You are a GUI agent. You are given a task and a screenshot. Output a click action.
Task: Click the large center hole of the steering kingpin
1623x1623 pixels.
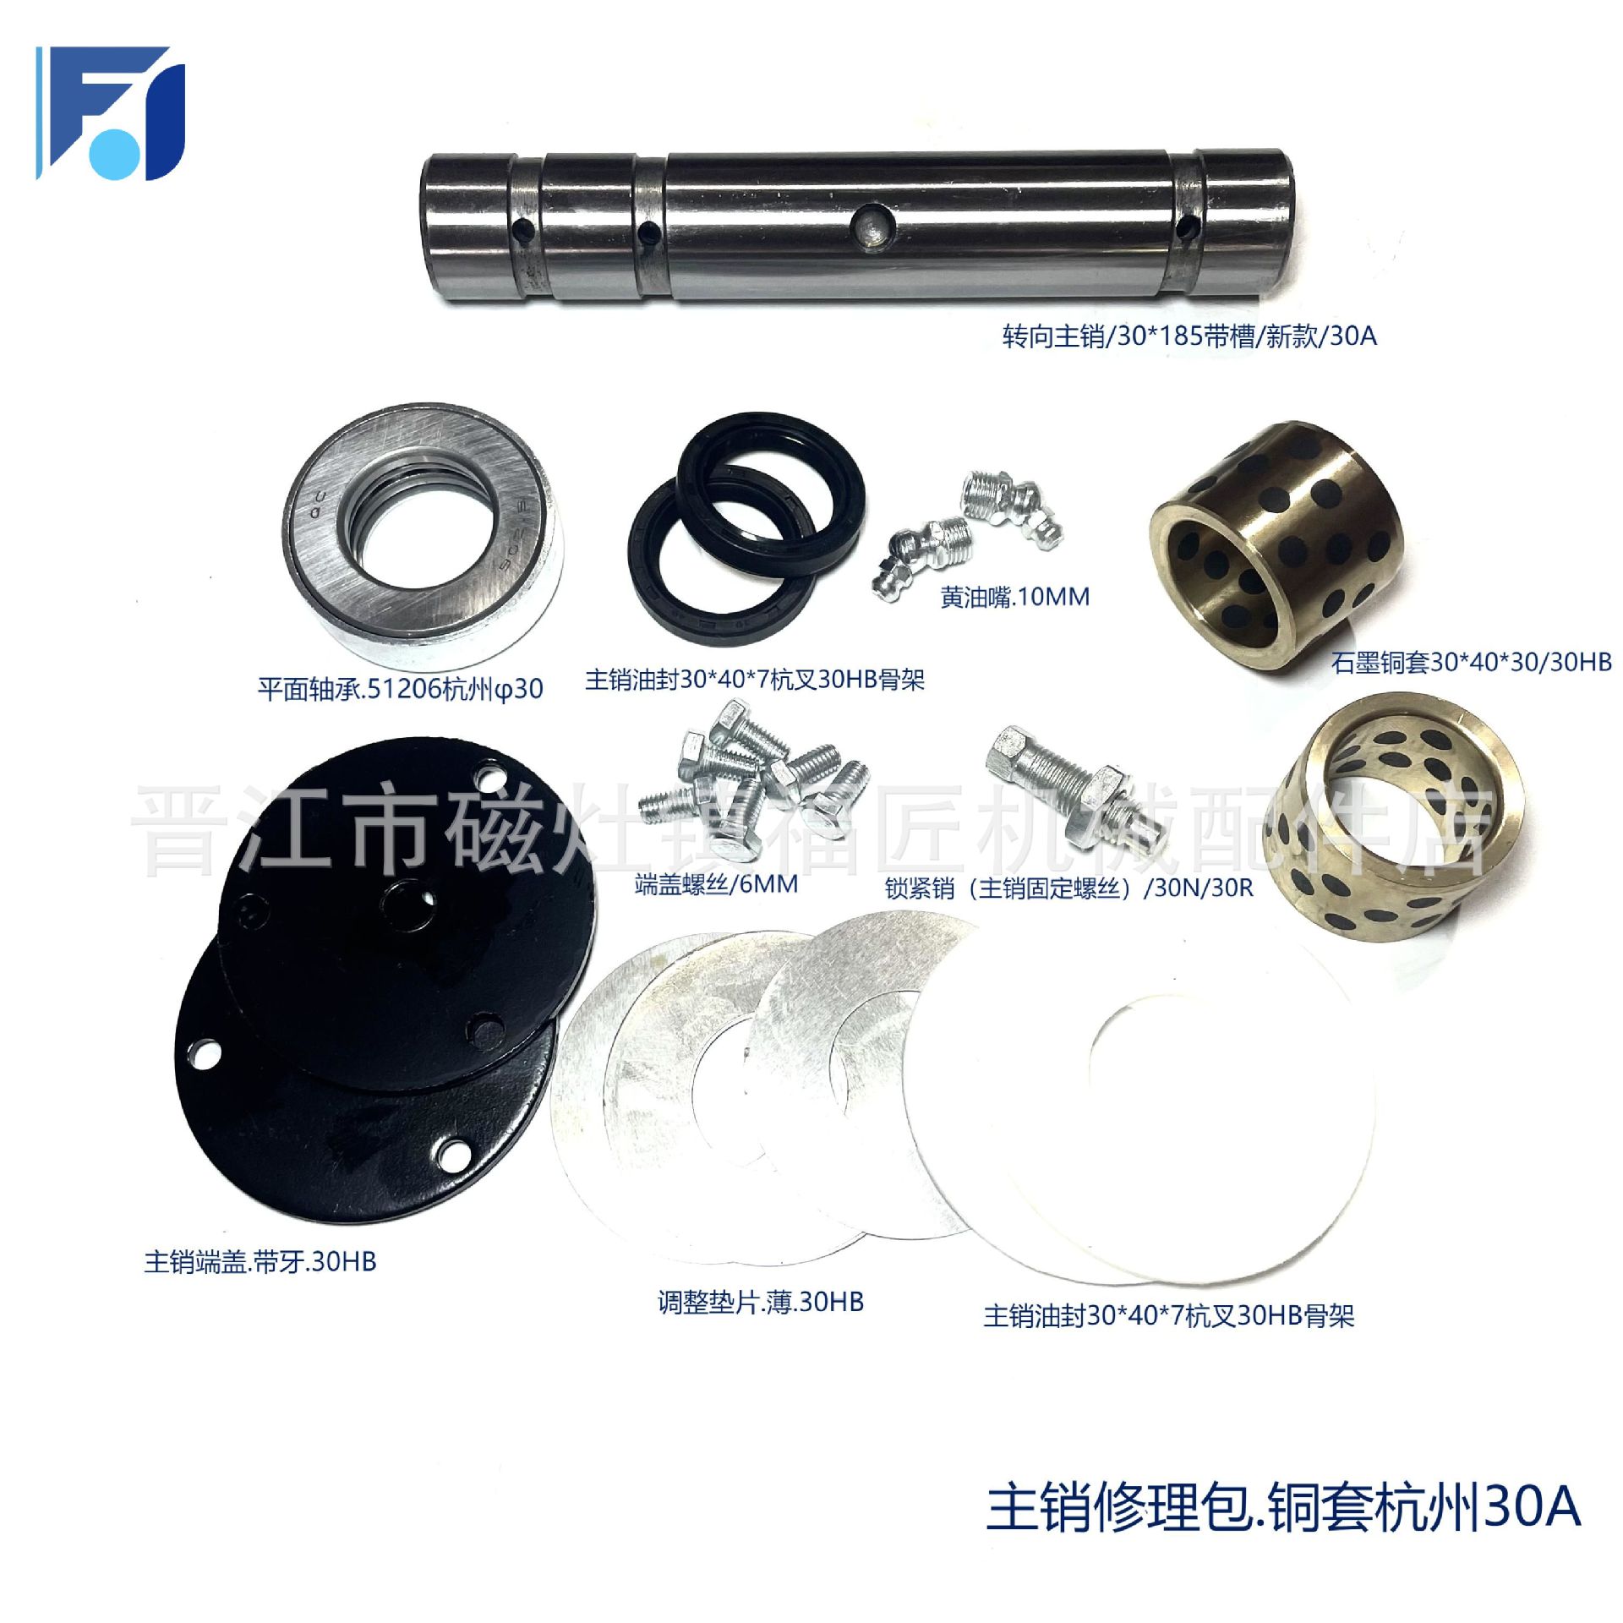pyautogui.click(x=870, y=227)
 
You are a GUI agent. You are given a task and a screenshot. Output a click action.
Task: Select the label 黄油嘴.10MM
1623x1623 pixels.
pyautogui.click(x=1014, y=597)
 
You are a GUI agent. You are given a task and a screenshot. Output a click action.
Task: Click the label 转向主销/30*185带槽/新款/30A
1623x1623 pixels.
pyautogui.click(x=1189, y=336)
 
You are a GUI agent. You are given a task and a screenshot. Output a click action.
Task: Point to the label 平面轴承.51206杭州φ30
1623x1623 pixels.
pyautogui.click(x=400, y=689)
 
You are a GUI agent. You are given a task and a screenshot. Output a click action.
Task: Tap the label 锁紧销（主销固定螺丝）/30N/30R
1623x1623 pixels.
pyautogui.click(x=1068, y=888)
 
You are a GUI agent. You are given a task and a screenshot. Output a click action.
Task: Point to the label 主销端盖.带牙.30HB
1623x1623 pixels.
pyautogui.click(x=260, y=1262)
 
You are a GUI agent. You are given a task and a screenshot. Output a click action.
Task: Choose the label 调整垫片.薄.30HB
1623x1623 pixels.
pyautogui.click(x=761, y=1302)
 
